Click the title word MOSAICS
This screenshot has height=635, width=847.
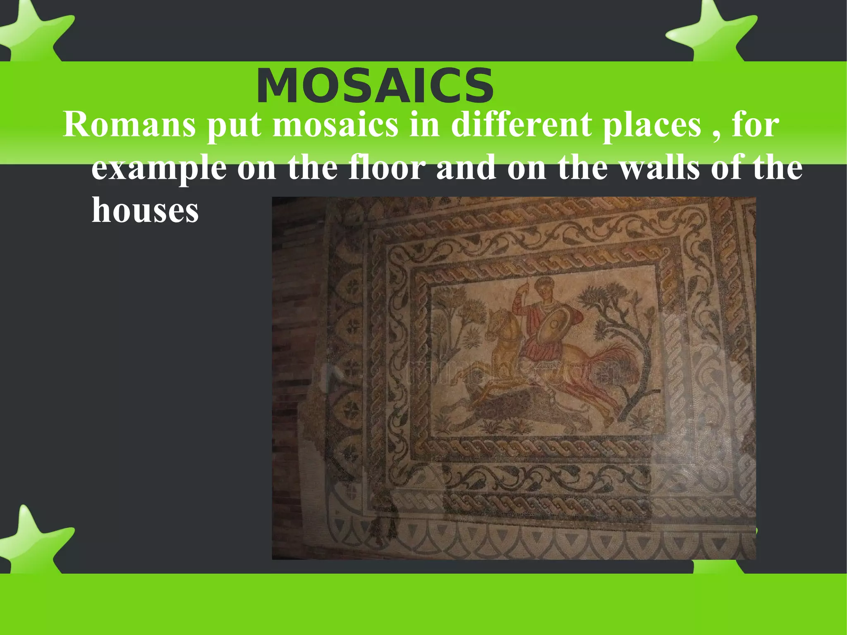click(x=375, y=86)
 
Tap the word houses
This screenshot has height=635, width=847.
click(x=145, y=210)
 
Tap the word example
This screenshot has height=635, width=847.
click(x=159, y=169)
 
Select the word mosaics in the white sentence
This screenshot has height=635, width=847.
click(x=335, y=125)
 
